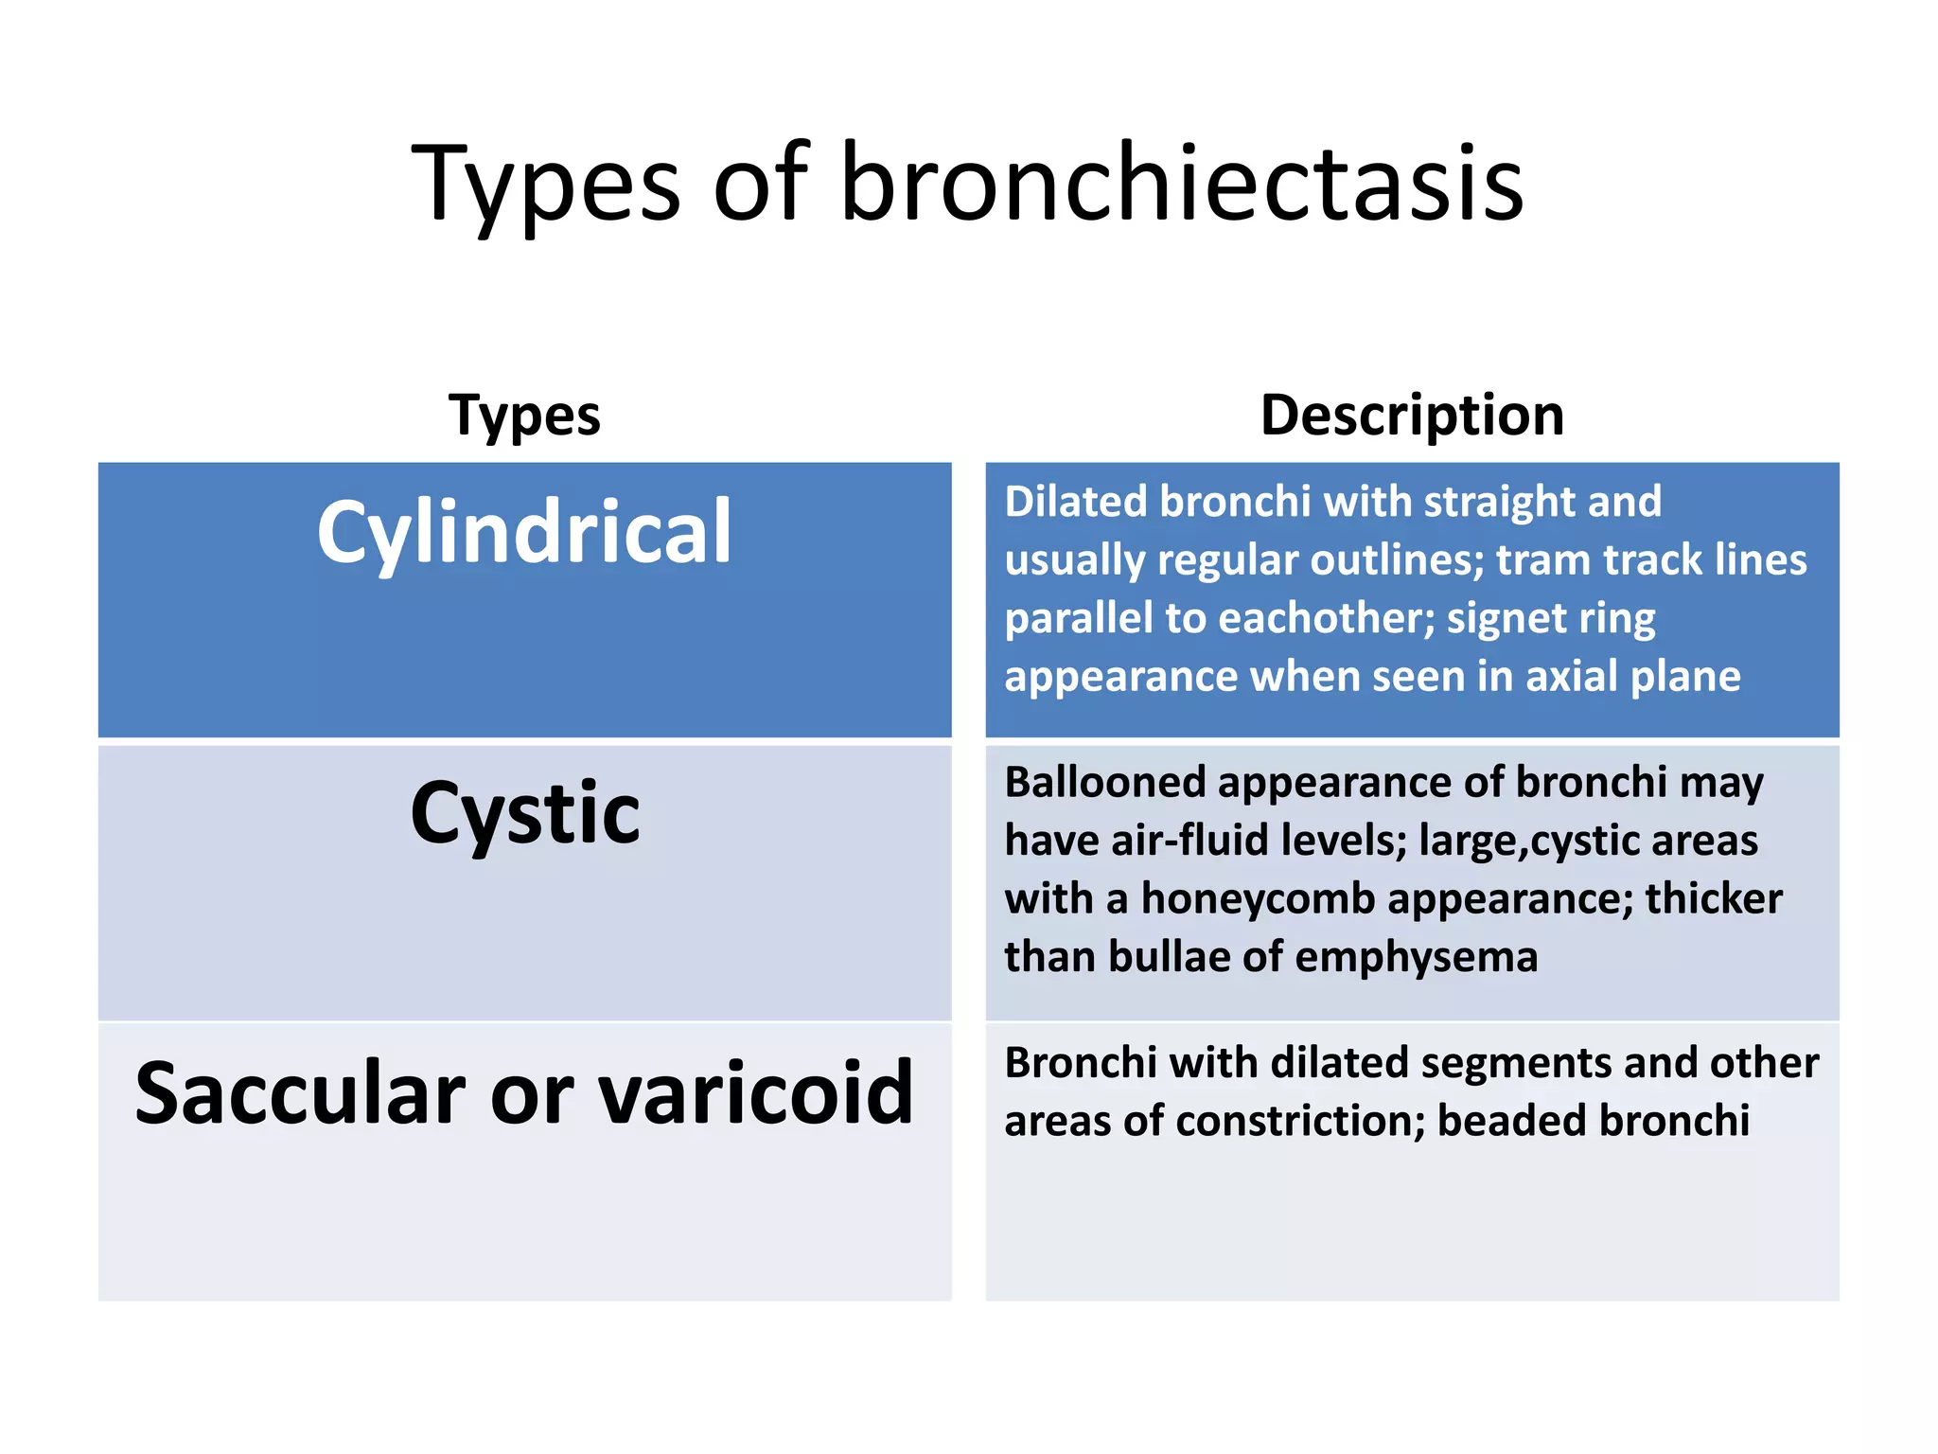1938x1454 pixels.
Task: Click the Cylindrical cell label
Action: [524, 532]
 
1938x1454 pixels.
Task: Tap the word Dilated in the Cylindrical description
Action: [1076, 502]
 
